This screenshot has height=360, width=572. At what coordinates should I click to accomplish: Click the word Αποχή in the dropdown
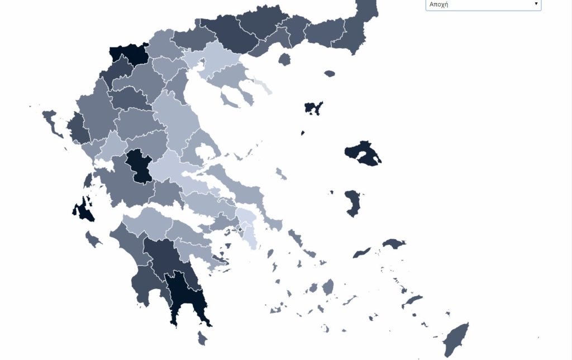point(438,4)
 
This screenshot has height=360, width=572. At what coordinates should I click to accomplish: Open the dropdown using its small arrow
point(536,4)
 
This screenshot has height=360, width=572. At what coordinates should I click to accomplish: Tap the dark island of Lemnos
point(313,107)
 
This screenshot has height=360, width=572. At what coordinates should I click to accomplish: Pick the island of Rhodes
point(455,339)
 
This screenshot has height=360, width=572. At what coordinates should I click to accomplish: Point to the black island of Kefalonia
point(84,208)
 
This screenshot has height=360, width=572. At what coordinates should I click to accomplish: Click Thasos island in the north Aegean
point(285,59)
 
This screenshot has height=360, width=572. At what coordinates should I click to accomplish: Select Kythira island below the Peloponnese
point(203,338)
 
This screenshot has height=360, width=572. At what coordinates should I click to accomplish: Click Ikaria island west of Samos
point(361,253)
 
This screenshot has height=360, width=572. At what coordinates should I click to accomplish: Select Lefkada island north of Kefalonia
point(88,180)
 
